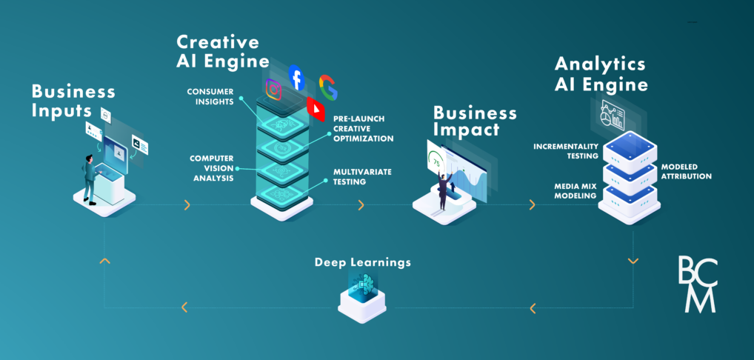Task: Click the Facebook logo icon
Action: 296,78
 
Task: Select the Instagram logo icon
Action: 275,90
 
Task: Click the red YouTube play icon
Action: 316,109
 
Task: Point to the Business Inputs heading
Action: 73,101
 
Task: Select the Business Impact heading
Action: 475,121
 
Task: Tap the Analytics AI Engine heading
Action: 601,73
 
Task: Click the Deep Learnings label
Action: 362,262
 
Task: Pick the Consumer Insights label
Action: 211,96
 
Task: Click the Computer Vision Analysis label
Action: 212,168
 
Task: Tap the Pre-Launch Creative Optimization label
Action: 363,128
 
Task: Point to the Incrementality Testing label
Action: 566,151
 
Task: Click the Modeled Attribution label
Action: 686,171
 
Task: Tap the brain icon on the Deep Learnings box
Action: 363,284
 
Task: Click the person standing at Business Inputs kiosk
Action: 90,178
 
